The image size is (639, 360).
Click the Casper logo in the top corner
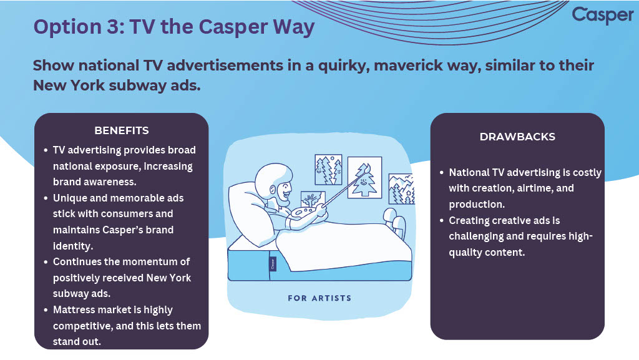[603, 15]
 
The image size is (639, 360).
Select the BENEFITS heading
[122, 130]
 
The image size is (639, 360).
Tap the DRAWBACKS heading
[517, 137]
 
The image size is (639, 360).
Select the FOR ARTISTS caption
[319, 298]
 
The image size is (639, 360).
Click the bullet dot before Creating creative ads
[442, 221]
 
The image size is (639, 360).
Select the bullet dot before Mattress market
[46, 310]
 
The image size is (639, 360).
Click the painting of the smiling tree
[364, 177]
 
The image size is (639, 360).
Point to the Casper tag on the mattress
[273, 264]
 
